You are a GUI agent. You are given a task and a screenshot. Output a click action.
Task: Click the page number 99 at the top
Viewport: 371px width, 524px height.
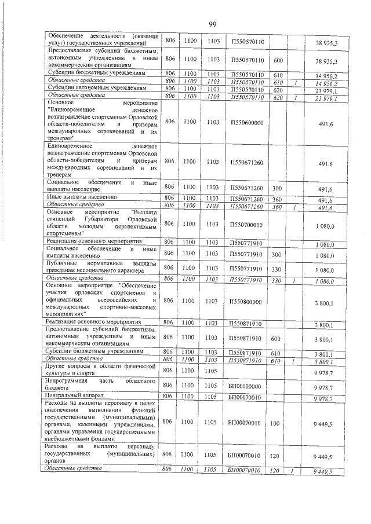click(212, 24)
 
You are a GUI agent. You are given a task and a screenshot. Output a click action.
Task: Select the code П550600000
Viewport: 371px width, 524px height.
click(247, 122)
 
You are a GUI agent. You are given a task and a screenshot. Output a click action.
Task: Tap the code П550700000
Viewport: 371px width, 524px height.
click(247, 224)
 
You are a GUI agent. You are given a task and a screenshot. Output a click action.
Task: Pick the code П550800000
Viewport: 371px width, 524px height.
click(247, 301)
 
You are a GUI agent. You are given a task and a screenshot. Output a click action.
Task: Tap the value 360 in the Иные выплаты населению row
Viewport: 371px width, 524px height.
click(277, 199)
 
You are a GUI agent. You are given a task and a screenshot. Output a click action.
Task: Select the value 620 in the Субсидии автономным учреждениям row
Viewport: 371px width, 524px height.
click(277, 90)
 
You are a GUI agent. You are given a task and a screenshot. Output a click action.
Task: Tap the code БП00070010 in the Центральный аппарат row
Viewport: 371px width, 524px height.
click(246, 397)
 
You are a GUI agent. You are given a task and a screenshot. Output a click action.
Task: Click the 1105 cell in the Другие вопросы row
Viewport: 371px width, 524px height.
click(212, 369)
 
